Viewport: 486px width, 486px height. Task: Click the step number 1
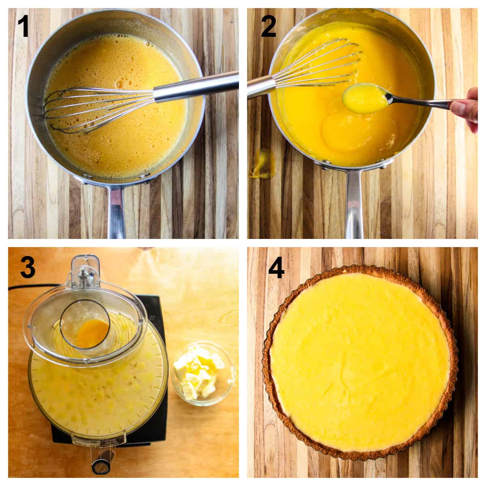(23, 25)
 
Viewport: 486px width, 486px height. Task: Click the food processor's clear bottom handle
(100, 462)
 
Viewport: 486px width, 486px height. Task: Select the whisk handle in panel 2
(259, 86)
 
